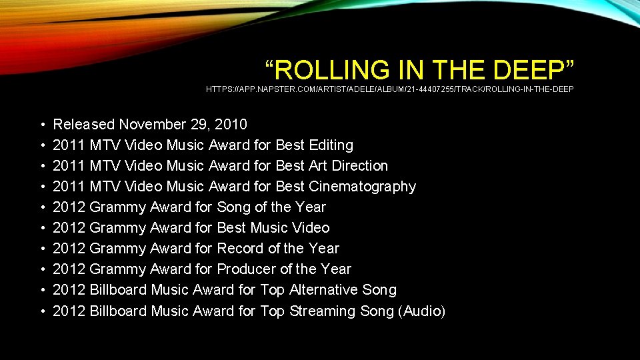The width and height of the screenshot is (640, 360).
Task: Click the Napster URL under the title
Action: (x=389, y=89)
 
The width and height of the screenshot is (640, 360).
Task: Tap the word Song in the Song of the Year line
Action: (x=233, y=207)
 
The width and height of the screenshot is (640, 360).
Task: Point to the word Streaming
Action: (x=323, y=311)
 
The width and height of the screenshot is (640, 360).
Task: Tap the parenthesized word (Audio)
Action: (x=421, y=311)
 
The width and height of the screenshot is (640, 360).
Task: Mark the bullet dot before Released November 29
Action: (x=42, y=125)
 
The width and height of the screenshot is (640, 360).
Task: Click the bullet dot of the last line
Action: (x=42, y=311)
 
